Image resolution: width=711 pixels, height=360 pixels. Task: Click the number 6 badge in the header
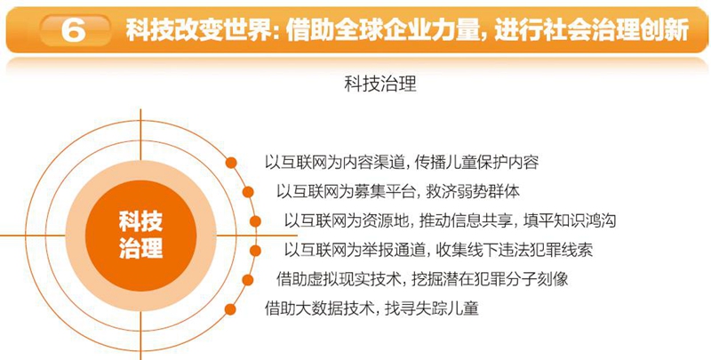coord(75,30)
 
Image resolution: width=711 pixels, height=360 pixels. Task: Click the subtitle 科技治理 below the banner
coord(380,84)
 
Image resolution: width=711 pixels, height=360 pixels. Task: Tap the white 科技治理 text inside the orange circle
coord(140,236)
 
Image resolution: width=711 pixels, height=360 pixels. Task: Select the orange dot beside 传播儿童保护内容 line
coord(231,163)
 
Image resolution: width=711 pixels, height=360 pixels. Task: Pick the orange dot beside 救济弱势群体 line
coord(248,192)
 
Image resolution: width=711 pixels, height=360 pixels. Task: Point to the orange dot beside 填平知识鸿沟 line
coord(255,221)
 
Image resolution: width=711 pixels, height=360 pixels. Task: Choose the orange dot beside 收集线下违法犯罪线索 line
coord(255,251)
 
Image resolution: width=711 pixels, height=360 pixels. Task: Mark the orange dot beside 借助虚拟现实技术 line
coord(248,280)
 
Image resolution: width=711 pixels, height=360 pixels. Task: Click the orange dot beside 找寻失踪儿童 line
coord(231,309)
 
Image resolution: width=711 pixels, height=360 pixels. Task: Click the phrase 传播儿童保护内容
coord(476,163)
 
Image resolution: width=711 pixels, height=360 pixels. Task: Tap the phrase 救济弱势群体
coord(473,192)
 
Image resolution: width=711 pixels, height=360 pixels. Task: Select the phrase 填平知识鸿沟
coord(570,220)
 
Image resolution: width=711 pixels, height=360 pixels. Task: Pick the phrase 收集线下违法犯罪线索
coord(515,251)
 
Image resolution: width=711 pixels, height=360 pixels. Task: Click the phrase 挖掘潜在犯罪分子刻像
coord(490,279)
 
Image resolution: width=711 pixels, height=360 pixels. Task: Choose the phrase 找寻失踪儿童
coord(432,308)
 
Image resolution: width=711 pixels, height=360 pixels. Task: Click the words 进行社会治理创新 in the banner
coord(592,30)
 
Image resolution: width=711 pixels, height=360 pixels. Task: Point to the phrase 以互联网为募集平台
coord(346,192)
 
